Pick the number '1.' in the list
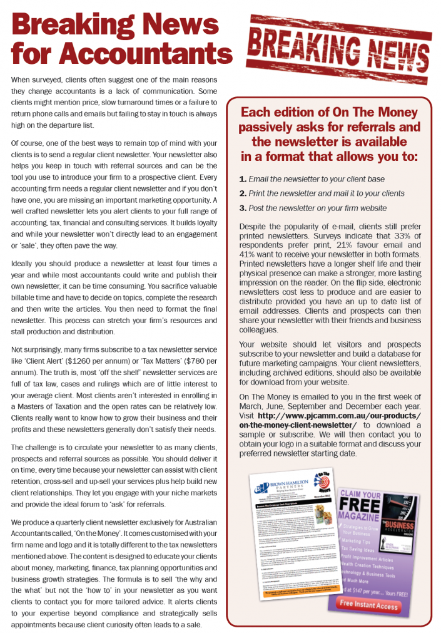coord(243,180)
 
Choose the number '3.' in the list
coord(243,208)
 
